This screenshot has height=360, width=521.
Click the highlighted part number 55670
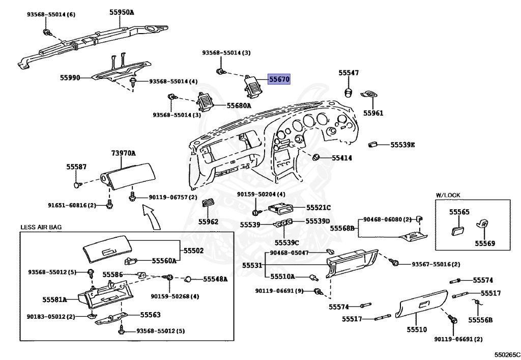pos(279,79)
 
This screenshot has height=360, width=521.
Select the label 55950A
pos(122,12)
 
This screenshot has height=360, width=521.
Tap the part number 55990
pos(70,77)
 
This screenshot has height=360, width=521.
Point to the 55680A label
pos(239,106)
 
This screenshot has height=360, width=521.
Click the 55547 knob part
pos(348,92)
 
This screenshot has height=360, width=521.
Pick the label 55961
pos(373,113)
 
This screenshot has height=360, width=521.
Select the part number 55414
pos(342,158)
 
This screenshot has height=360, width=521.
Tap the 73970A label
pos(123,153)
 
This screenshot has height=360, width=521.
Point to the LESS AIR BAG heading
pos(41,228)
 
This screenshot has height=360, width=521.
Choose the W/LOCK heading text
pos(448,195)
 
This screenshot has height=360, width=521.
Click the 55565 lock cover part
pos(458,230)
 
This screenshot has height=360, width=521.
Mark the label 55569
pos(485,243)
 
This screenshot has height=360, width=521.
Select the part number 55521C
pos(319,207)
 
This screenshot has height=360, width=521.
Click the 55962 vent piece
pos(208,202)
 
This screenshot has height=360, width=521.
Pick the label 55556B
pos(480,320)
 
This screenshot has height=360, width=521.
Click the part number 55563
pos(150,315)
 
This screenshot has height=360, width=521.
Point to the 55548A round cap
pos(188,279)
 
